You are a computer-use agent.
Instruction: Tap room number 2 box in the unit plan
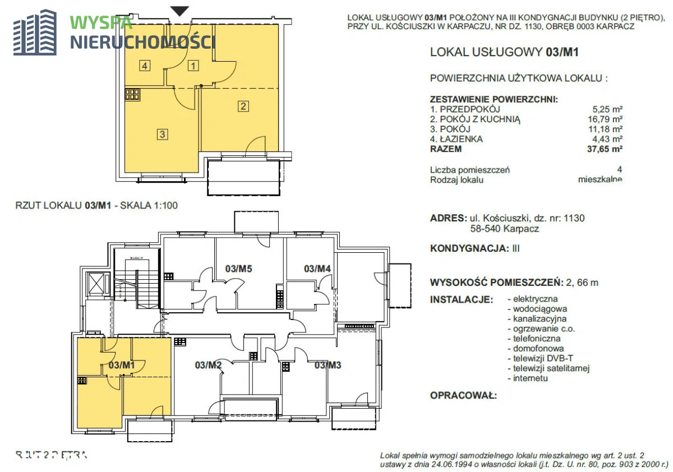click(x=243, y=105)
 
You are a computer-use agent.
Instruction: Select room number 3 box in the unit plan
click(x=162, y=135)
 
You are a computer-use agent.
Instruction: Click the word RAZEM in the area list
click(x=446, y=149)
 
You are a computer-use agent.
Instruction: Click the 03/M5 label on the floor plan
click(x=238, y=269)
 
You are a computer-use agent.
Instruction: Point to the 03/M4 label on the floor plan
click(x=317, y=269)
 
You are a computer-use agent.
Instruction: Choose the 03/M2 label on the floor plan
click(x=209, y=366)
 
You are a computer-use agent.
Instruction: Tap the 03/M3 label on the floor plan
click(x=328, y=366)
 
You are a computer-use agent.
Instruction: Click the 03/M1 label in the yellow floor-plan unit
click(x=122, y=365)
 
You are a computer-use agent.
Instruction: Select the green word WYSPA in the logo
click(x=102, y=23)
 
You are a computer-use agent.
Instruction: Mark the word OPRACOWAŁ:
click(x=463, y=396)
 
